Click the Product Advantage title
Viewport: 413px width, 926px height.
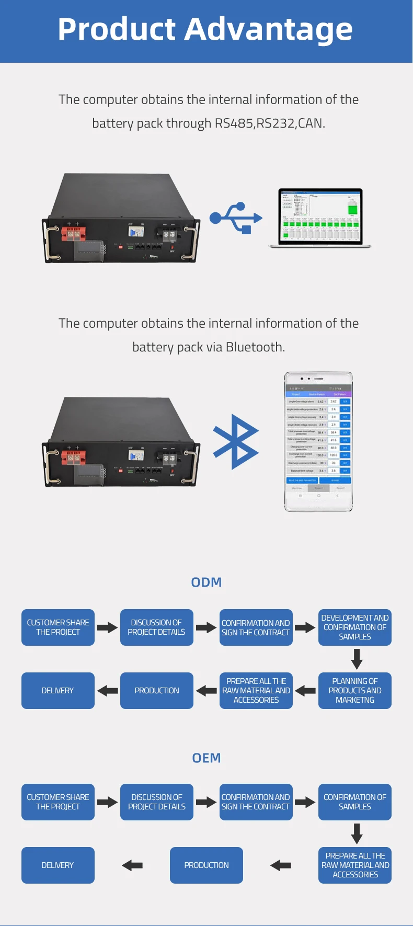coord(205,29)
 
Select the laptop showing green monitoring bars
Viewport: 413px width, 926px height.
coord(319,217)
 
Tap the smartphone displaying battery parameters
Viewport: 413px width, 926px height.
coord(318,442)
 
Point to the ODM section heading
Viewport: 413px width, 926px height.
coord(206,582)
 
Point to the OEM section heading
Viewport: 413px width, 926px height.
coord(206,758)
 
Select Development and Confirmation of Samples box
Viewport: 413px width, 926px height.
coord(355,627)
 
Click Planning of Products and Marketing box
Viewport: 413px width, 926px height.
coord(355,691)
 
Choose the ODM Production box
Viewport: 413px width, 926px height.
coord(157,691)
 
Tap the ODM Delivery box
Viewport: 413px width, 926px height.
coord(58,691)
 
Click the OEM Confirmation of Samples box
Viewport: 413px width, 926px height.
coord(355,802)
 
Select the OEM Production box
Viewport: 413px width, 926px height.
coord(206,865)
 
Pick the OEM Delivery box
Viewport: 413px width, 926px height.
coord(58,865)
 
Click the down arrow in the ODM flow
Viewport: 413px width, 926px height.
coord(357,659)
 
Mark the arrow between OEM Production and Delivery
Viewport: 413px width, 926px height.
coord(132,865)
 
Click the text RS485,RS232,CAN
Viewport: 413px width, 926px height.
coord(270,123)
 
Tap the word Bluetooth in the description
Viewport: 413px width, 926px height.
coord(255,347)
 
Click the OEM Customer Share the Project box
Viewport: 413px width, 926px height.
coord(58,802)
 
